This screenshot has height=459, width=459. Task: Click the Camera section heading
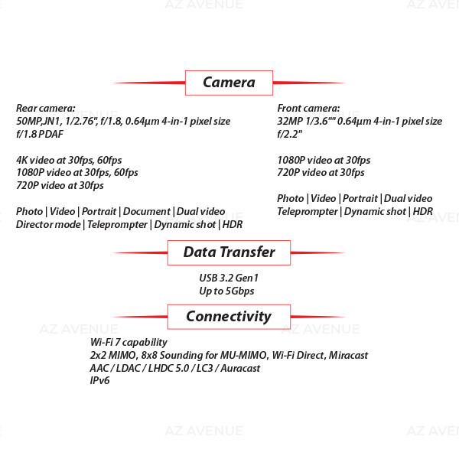[229, 83]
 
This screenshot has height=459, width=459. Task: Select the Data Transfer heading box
[229, 252]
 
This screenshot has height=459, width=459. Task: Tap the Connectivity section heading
[229, 317]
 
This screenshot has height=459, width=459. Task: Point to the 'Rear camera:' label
[46, 108]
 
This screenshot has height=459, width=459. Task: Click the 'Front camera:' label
[308, 108]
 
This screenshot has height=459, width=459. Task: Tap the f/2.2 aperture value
[289, 134]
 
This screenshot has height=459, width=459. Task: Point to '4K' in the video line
[21, 160]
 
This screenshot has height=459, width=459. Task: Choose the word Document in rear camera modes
[147, 211]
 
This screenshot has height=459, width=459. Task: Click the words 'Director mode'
[48, 224]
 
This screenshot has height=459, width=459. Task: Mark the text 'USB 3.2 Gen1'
[229, 278]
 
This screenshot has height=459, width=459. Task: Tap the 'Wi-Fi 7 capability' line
[129, 342]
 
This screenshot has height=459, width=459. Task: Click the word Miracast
[348, 355]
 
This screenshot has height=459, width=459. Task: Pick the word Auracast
[240, 368]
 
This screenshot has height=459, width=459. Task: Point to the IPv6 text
[99, 380]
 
